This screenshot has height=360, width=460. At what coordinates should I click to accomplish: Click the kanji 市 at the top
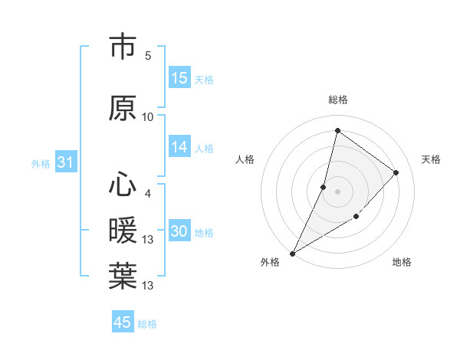[x=123, y=47]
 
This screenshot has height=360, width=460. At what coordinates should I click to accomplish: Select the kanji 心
[x=123, y=185]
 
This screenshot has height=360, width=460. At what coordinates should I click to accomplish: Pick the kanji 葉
[x=123, y=277]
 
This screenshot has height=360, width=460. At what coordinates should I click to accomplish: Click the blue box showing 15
[x=179, y=78]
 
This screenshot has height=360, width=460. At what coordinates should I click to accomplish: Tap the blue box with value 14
[x=179, y=147]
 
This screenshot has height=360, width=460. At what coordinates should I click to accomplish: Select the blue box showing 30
[x=179, y=232]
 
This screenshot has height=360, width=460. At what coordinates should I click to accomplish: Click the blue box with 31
[x=65, y=162]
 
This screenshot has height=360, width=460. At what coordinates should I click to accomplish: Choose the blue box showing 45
[x=123, y=322]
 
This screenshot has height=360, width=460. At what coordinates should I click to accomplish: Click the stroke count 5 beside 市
[x=148, y=56]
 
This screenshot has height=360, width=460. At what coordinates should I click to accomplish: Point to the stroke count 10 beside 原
[x=148, y=116]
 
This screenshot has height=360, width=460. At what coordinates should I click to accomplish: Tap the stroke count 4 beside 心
[x=148, y=193]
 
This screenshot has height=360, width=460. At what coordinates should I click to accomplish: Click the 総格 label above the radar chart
[x=338, y=100]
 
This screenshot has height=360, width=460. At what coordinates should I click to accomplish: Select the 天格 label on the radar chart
[x=431, y=159]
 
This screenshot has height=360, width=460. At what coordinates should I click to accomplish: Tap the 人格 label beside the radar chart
[x=245, y=159]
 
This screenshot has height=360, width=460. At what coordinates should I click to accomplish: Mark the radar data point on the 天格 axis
[x=396, y=172]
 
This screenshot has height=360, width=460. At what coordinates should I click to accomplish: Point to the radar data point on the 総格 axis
[x=337, y=131]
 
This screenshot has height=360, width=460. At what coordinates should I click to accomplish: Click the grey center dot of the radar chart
[x=337, y=191]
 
